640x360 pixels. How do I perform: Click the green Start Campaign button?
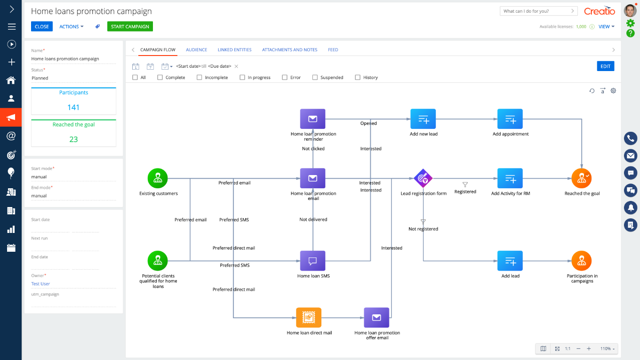tap(130, 26)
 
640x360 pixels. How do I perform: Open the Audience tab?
tap(197, 50)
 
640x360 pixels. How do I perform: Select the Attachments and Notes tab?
tap(290, 50)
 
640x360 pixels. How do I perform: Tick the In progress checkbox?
tap(242, 78)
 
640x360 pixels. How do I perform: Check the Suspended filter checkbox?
tap(315, 78)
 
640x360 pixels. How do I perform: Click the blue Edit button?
tap(606, 66)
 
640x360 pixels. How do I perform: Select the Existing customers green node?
tap(158, 178)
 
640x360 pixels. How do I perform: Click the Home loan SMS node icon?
tap(312, 261)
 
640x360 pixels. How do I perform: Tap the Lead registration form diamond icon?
tap(423, 178)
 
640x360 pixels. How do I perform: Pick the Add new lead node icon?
tap(423, 119)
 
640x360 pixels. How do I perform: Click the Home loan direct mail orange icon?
tap(309, 318)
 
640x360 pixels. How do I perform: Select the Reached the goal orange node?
tap(582, 178)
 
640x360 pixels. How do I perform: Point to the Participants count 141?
tap(73, 107)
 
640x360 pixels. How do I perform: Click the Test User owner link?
tap(40, 284)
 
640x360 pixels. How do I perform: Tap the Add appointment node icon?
tap(510, 119)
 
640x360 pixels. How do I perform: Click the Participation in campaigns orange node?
tap(582, 261)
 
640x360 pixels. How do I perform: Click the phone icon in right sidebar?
tap(631, 138)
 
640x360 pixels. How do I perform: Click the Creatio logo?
tap(600, 11)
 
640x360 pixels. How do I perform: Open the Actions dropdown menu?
tap(72, 26)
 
